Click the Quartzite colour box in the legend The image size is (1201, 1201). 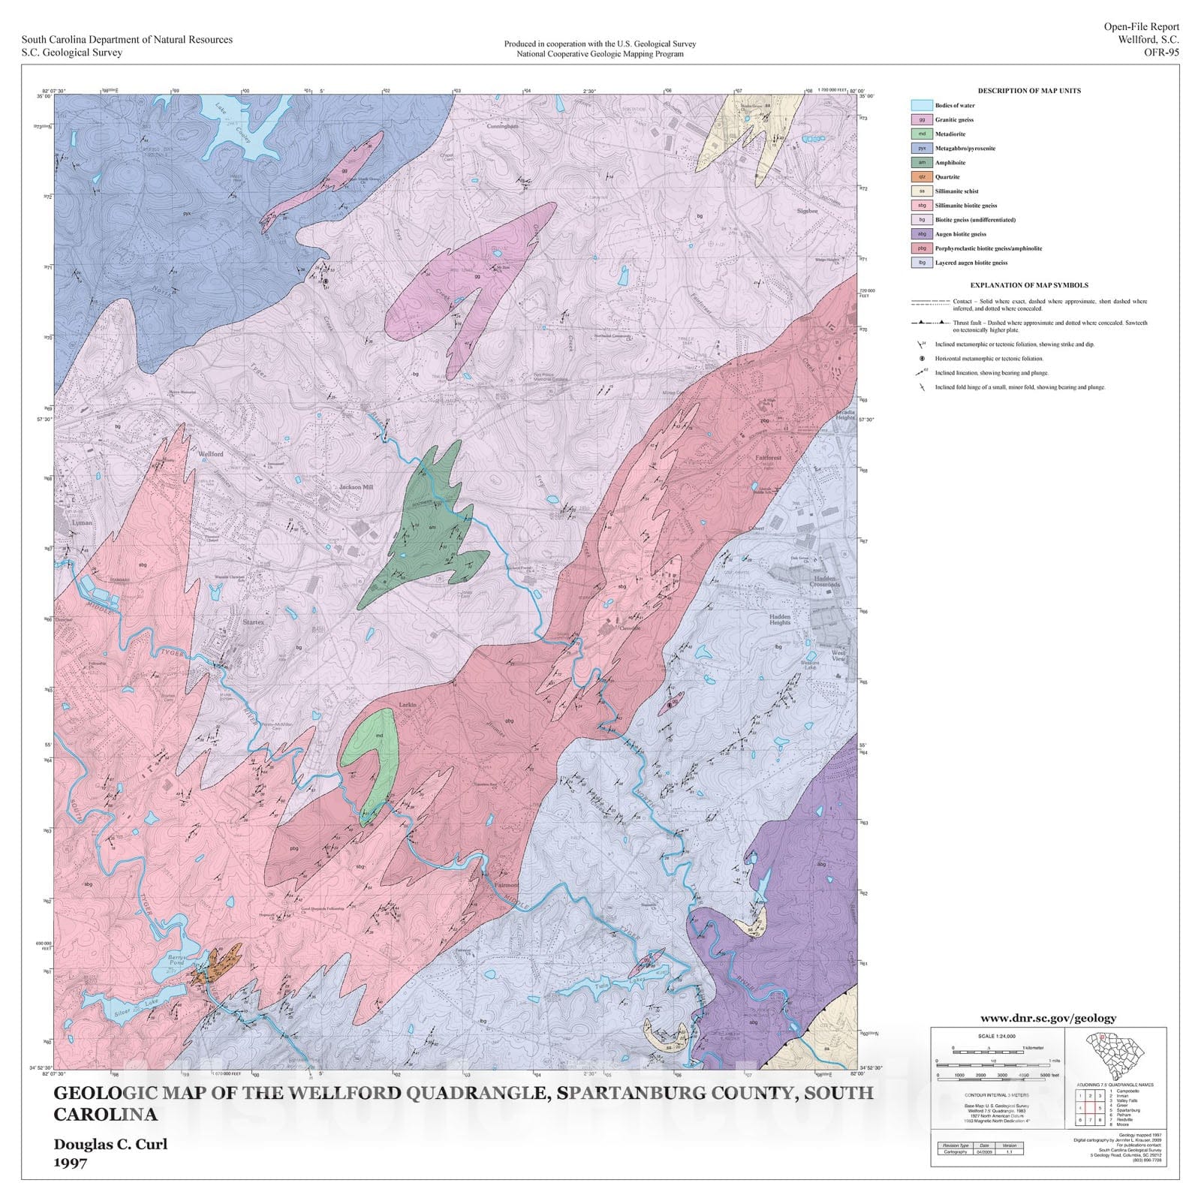tap(922, 177)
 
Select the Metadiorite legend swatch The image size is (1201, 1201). tap(922, 134)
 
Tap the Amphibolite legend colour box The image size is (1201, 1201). tap(922, 163)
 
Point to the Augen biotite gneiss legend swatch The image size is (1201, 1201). tap(922, 234)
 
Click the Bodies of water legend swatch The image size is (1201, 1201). tap(922, 106)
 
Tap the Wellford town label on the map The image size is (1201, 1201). tap(210, 455)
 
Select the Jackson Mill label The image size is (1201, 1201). tap(356, 487)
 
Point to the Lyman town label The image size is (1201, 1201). tap(82, 522)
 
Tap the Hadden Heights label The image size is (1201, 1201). tap(779, 619)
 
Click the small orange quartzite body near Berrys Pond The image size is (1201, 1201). tap(218, 966)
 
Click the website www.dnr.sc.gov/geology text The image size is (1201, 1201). tap(1048, 1019)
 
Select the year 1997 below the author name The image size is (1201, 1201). tap(70, 1163)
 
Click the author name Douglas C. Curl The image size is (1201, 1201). tap(110, 1144)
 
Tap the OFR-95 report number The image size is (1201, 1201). tap(1161, 53)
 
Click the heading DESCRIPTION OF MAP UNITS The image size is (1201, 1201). tap(1028, 91)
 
